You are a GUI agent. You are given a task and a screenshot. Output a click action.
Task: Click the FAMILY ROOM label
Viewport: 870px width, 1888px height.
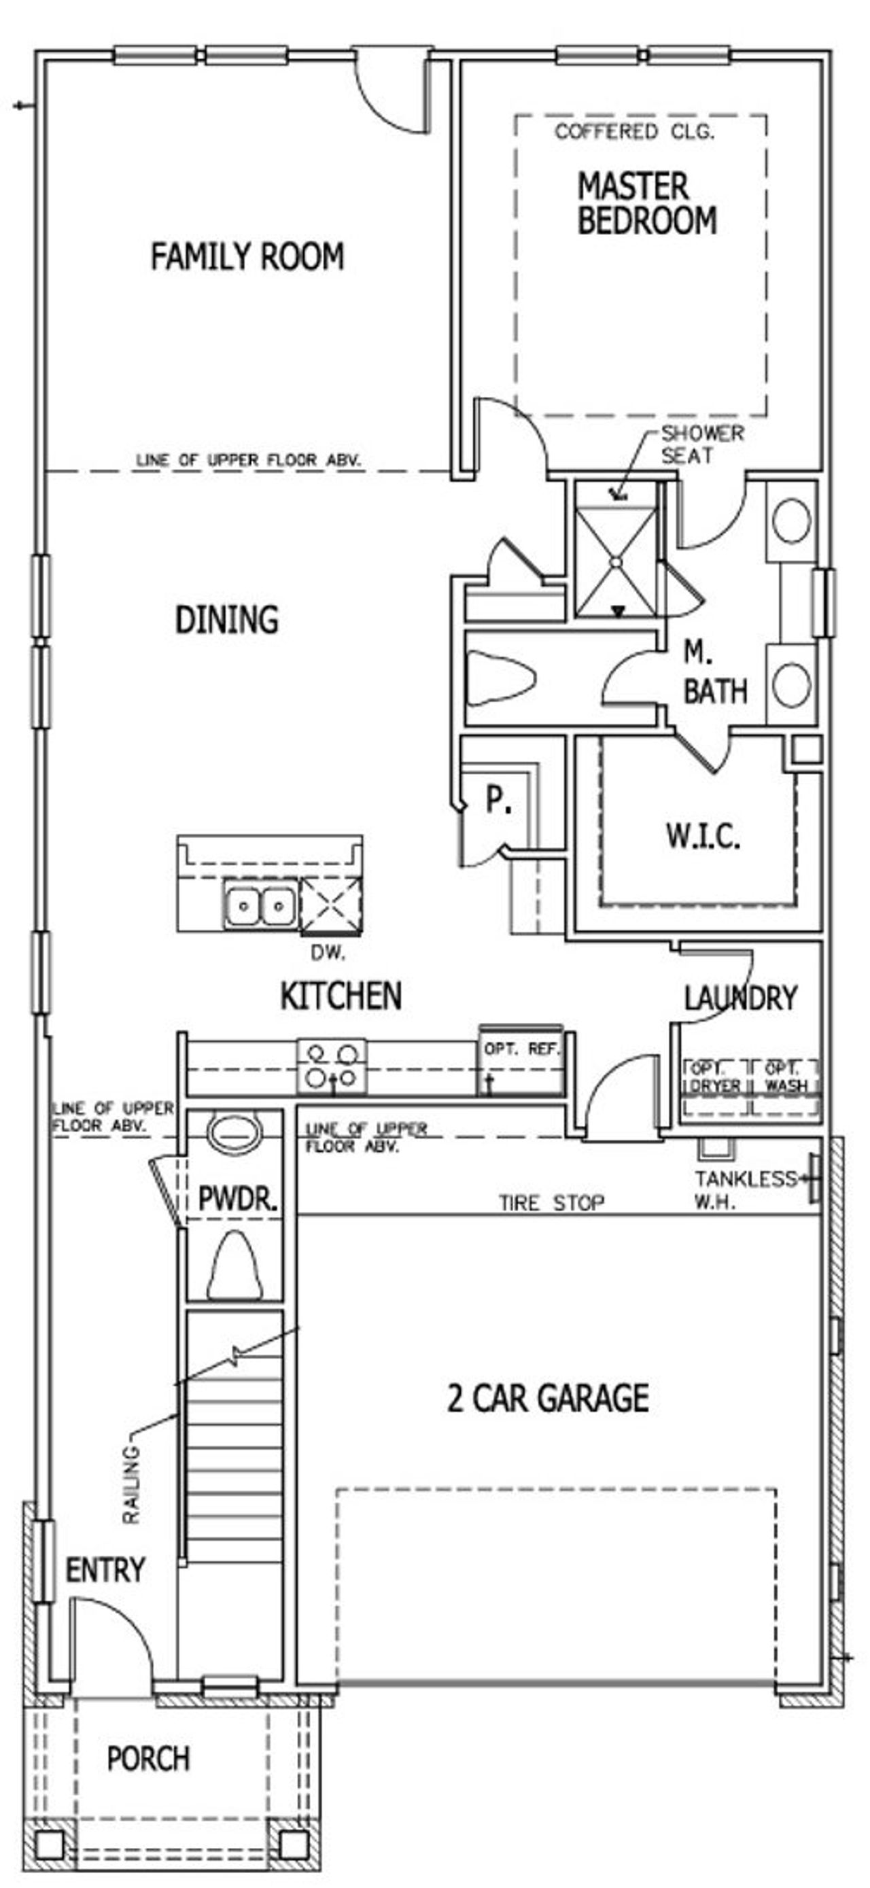(x=247, y=256)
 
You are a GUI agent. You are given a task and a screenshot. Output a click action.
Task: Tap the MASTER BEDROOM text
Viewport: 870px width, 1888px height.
(x=646, y=204)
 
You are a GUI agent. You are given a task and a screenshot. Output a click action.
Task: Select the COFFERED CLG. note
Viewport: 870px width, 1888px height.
(x=634, y=132)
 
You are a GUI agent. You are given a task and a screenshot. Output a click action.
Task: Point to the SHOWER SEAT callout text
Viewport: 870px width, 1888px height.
(x=701, y=444)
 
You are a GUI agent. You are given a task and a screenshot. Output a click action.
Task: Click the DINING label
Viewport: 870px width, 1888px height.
(x=226, y=619)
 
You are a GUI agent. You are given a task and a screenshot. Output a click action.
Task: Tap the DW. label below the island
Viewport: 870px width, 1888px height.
(x=328, y=953)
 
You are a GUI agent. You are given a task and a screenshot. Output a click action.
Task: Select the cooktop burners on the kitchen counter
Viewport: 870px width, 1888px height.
(x=331, y=1066)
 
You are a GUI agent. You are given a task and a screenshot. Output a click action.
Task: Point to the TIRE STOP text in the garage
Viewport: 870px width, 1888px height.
(x=551, y=1203)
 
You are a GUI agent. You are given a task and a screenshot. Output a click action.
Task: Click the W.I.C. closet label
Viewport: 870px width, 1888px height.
(x=702, y=835)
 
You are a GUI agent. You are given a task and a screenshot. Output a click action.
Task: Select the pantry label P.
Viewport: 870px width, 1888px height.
(x=498, y=800)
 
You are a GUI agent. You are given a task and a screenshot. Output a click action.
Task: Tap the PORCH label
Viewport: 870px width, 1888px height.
(x=148, y=1758)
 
